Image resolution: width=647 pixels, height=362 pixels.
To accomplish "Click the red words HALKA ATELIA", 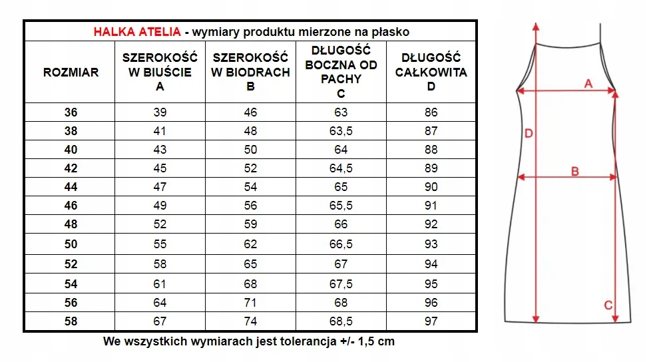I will pyautogui.click(x=136, y=31).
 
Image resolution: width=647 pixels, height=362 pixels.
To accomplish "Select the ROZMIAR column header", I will pyautogui.click(x=71, y=72).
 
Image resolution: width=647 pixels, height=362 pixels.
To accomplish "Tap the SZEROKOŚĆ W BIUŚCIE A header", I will pyautogui.click(x=160, y=72).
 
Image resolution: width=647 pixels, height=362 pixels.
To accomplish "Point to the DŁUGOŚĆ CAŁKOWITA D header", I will pyautogui.click(x=431, y=72).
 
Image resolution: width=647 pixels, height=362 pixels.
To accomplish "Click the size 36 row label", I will pyautogui.click(x=71, y=112).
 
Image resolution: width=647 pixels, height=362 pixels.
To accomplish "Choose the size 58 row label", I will pyautogui.click(x=71, y=321).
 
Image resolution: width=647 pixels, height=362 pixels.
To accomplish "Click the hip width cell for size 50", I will pyautogui.click(x=250, y=245).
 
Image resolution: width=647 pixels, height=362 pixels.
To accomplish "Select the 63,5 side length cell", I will pyautogui.click(x=341, y=131).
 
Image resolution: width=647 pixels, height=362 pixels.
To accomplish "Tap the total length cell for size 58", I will pyautogui.click(x=431, y=321).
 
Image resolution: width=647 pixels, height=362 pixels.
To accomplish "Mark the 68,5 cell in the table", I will pyautogui.click(x=341, y=321).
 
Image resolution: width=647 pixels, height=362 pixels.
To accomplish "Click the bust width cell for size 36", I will pyautogui.click(x=160, y=112).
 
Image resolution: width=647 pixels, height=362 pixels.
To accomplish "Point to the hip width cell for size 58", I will pyautogui.click(x=250, y=321).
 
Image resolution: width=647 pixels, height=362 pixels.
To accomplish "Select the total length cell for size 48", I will pyautogui.click(x=431, y=225).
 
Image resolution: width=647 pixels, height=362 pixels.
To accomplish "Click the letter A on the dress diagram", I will pyautogui.click(x=588, y=83).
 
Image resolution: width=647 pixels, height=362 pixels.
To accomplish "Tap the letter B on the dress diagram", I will pyautogui.click(x=575, y=171).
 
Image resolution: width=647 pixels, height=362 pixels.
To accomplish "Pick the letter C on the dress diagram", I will pyautogui.click(x=607, y=305).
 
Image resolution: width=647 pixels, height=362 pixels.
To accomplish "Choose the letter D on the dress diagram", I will pyautogui.click(x=529, y=134).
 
